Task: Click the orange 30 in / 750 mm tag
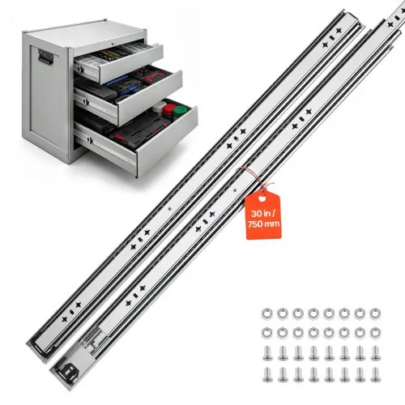[x=263, y=215]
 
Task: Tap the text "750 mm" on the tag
[x=264, y=224]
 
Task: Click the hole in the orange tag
[x=262, y=199]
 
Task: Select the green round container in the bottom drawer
[x=180, y=111]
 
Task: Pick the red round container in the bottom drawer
[x=168, y=109]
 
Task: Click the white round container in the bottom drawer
[x=159, y=106]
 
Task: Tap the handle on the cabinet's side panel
[x=45, y=58]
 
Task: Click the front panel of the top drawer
[x=131, y=64]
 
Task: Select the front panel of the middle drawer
[x=150, y=98]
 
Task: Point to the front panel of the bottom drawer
[x=167, y=140]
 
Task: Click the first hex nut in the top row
[x=266, y=313]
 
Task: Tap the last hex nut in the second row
[x=375, y=333]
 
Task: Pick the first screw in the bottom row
[x=267, y=375]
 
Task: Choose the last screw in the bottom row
[x=376, y=375]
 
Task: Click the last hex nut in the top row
[x=375, y=313]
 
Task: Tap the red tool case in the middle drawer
[x=153, y=76]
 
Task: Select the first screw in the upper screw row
[x=267, y=353]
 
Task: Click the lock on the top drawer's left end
[x=80, y=70]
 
